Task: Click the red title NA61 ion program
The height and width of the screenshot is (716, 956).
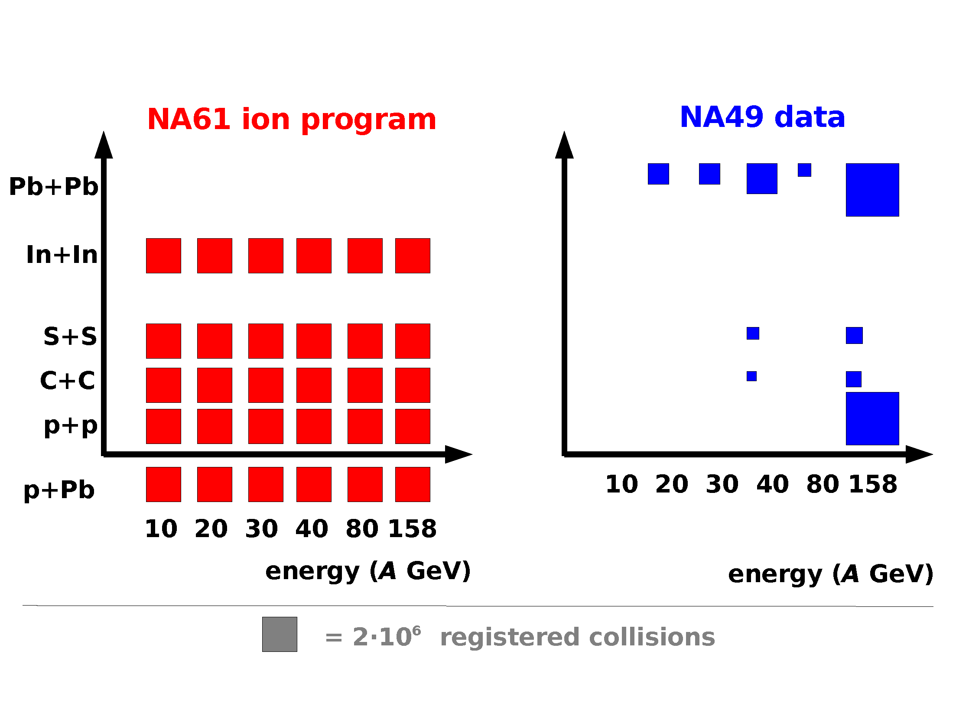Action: (292, 120)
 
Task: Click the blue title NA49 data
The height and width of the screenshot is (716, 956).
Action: (762, 117)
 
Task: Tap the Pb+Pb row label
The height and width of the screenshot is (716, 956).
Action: (54, 187)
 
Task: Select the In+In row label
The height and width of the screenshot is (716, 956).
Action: (62, 255)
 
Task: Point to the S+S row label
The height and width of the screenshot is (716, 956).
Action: (70, 337)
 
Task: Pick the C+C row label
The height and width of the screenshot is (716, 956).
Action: (67, 381)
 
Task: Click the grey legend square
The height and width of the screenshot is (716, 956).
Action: (280, 634)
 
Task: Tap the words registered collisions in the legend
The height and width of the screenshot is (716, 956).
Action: (577, 637)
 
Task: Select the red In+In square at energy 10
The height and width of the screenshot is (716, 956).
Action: (163, 256)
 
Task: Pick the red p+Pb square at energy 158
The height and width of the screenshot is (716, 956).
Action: (413, 484)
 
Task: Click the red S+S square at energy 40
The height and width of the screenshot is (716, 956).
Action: (314, 341)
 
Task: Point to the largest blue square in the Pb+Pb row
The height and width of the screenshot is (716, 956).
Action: (872, 190)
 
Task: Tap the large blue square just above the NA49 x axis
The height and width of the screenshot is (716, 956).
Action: (872, 418)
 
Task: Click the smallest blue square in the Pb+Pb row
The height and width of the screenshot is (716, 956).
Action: (804, 170)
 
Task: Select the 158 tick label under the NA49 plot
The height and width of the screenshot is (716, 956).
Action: (873, 484)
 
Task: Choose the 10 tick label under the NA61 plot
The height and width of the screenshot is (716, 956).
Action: (161, 529)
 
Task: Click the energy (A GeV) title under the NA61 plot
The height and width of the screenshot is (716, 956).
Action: (367, 571)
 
